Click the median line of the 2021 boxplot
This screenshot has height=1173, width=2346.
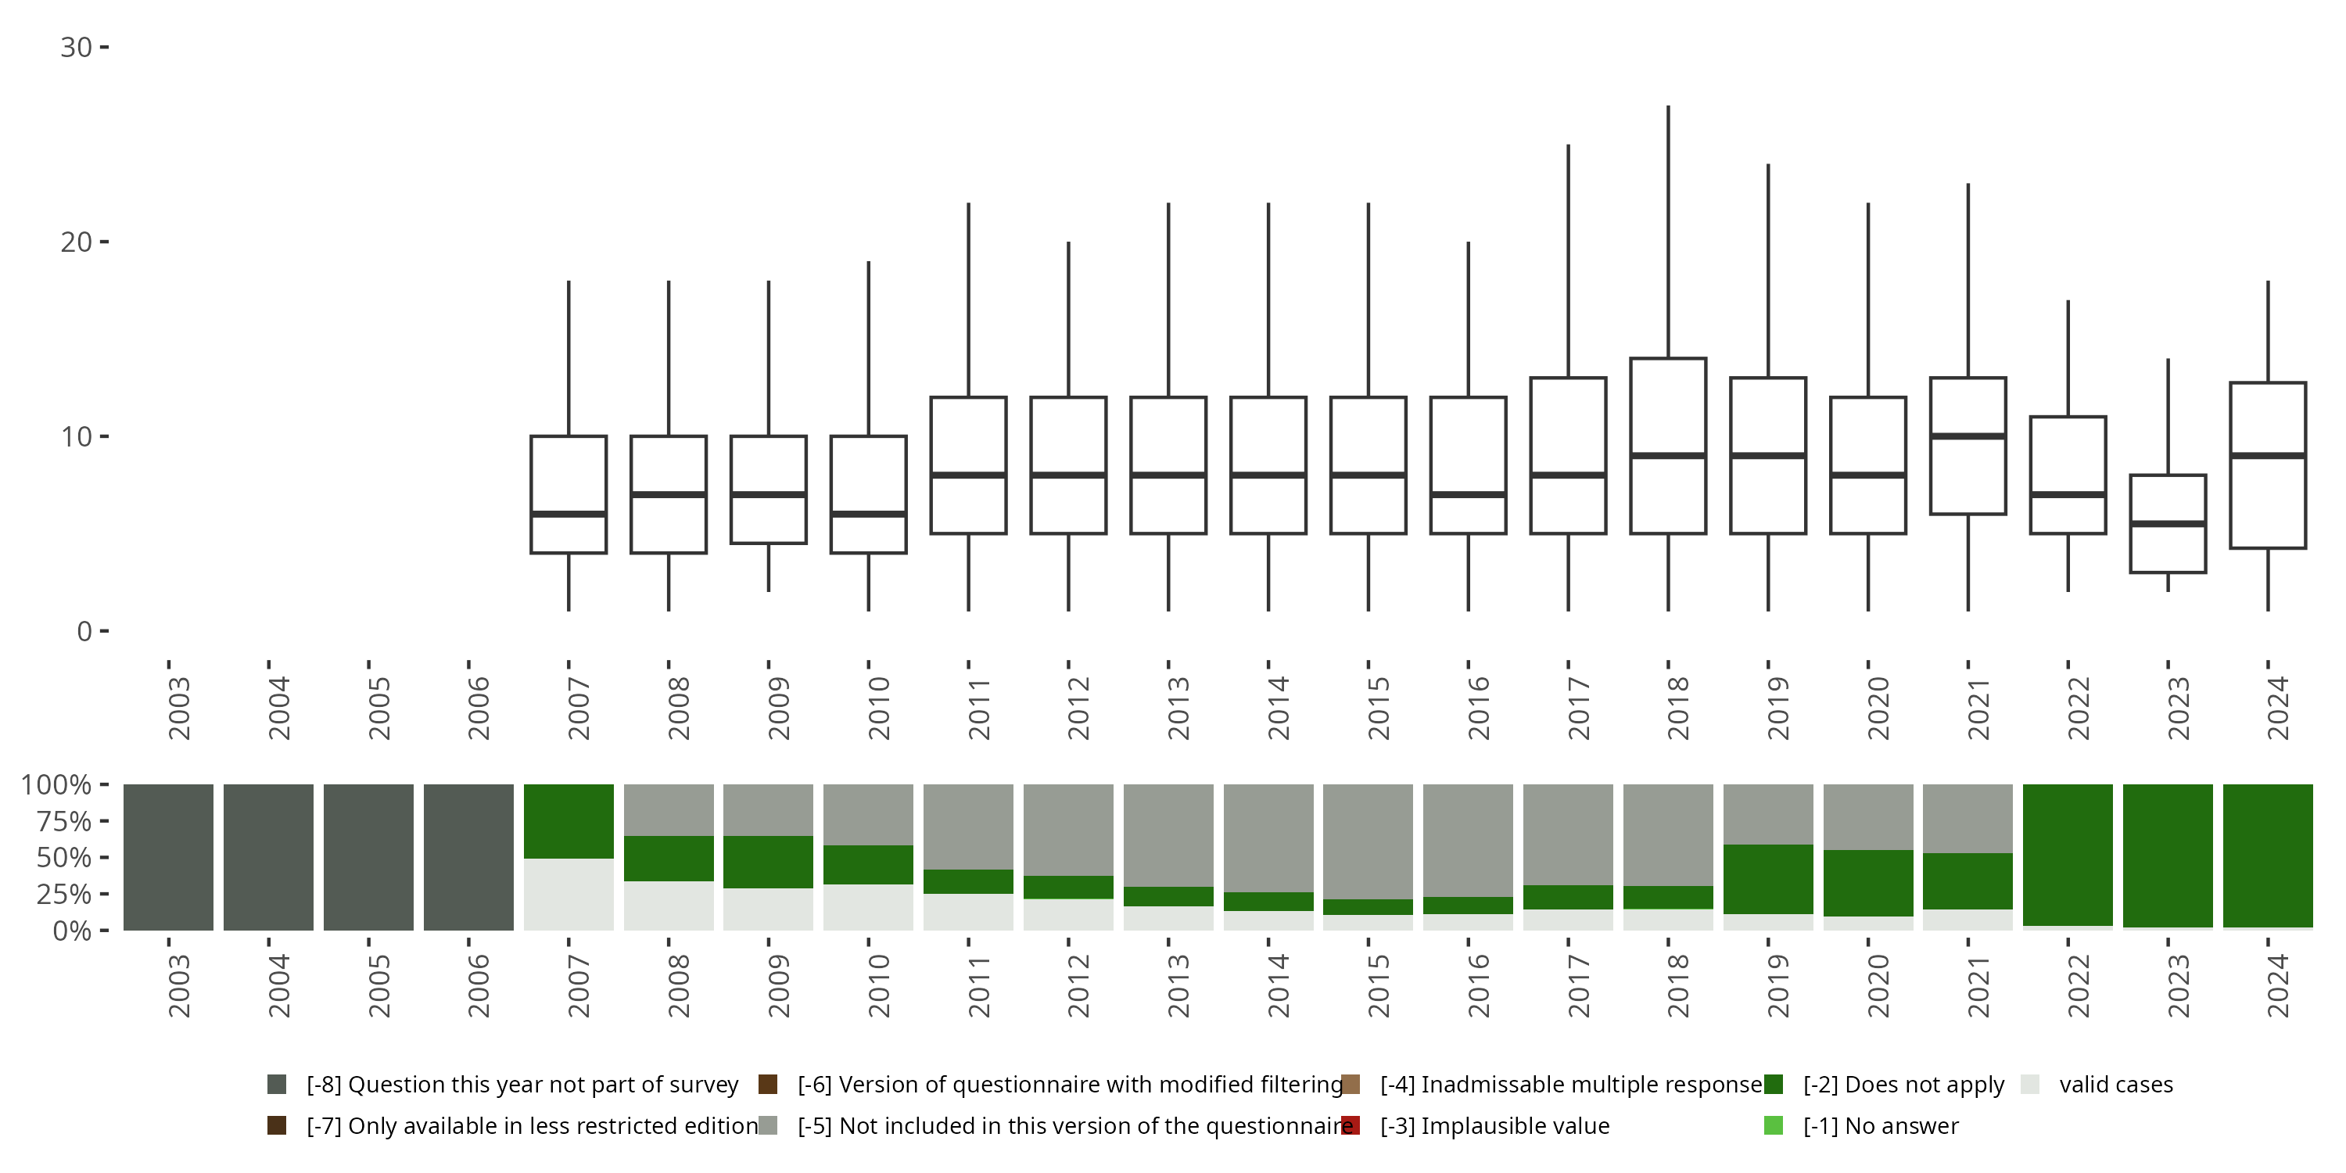pyautogui.click(x=1968, y=436)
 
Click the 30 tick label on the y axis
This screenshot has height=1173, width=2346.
pyautogui.click(x=77, y=48)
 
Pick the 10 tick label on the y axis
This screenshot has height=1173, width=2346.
pyautogui.click(x=77, y=437)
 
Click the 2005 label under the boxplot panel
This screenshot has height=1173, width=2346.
pyautogui.click(x=378, y=708)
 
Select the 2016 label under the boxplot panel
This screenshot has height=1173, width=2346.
pyautogui.click(x=1477, y=708)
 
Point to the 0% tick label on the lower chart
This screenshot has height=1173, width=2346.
pyautogui.click(x=71, y=931)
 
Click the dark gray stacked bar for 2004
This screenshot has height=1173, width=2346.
pyautogui.click(x=269, y=857)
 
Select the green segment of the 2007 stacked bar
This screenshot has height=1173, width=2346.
pyautogui.click(x=569, y=821)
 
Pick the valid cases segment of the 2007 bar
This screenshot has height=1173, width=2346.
pyautogui.click(x=569, y=895)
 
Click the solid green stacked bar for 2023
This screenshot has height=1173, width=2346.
pyautogui.click(x=2168, y=856)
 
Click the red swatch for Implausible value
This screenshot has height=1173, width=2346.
pyautogui.click(x=1351, y=1125)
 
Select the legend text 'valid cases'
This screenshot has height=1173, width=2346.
pyautogui.click(x=2115, y=1085)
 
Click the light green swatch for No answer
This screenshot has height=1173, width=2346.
pyautogui.click(x=1773, y=1125)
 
